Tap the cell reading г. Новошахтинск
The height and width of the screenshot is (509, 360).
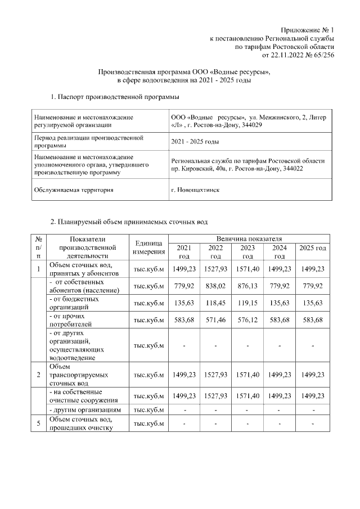[x=195, y=190]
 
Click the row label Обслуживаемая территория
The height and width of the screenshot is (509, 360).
[x=74, y=190]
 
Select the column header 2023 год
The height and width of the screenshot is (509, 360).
[x=247, y=252]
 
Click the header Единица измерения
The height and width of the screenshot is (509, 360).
[x=148, y=248]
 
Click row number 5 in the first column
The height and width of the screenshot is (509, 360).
[x=38, y=424]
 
